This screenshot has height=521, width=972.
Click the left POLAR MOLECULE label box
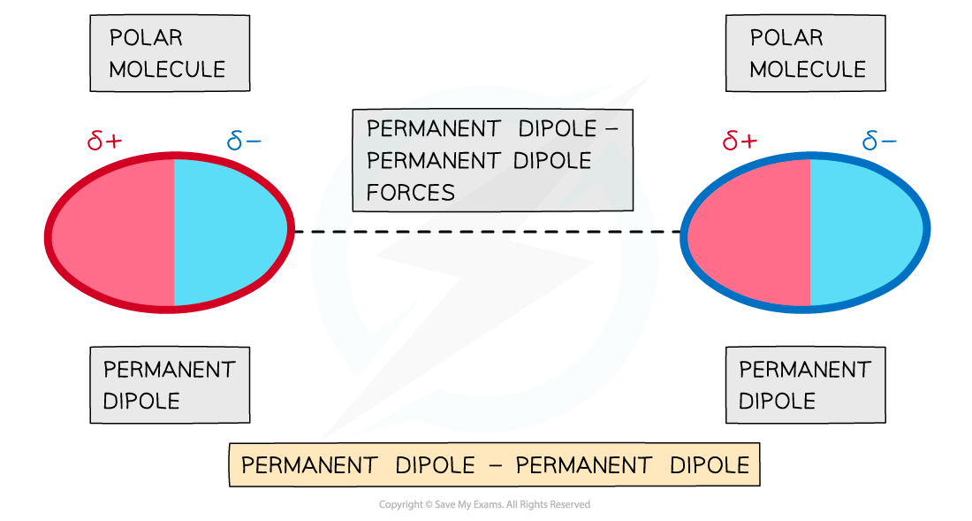(x=170, y=53)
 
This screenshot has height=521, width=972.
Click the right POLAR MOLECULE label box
(x=805, y=53)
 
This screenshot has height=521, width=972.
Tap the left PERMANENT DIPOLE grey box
(x=170, y=385)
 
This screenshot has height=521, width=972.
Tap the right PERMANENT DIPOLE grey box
(x=805, y=385)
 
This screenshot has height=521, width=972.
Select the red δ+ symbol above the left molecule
(x=105, y=141)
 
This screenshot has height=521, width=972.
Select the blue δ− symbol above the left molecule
(x=244, y=141)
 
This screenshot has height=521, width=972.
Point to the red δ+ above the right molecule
(x=740, y=141)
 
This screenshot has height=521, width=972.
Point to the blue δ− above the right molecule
(x=879, y=141)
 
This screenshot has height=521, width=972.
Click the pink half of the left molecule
(x=115, y=232)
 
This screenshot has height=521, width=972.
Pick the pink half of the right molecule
(x=751, y=232)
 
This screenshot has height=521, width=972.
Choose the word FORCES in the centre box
(x=411, y=192)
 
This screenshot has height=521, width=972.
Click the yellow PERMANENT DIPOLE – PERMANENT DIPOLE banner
(x=495, y=465)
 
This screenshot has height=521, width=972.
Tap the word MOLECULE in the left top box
(x=167, y=69)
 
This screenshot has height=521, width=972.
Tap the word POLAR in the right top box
(x=786, y=38)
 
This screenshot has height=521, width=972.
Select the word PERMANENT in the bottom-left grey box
(x=170, y=369)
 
